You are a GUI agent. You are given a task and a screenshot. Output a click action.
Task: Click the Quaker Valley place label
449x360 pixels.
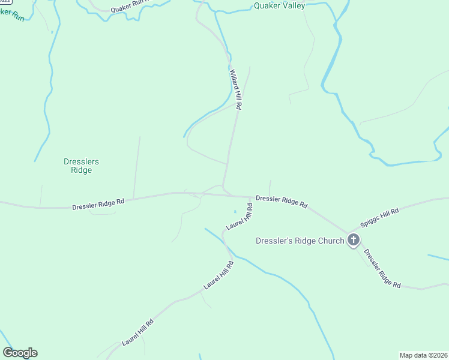[x=280, y=6]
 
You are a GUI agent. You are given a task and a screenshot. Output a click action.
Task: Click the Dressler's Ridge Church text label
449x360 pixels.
[x=300, y=241]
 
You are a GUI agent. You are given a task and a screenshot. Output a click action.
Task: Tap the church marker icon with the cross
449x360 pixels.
[x=354, y=241]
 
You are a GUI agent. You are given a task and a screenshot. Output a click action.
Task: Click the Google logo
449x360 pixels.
[x=20, y=353]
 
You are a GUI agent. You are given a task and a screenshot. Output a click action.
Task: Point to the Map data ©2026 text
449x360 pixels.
[x=423, y=355]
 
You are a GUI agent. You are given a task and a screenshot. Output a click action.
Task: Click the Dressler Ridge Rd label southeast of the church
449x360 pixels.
[x=382, y=269]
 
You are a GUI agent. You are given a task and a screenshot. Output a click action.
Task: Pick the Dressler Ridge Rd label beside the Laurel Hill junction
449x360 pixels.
[x=282, y=201]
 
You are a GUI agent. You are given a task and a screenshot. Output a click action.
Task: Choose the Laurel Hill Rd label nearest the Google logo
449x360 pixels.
[x=137, y=332]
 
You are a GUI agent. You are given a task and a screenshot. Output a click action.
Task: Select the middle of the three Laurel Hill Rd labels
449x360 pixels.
[x=218, y=275]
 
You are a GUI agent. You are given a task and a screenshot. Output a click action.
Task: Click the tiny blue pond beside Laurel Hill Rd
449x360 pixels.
[x=235, y=211]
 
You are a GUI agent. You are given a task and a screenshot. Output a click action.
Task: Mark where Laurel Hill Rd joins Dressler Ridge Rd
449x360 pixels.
[x=252, y=197]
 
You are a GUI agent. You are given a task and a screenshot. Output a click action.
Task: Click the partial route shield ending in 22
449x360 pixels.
[x=5, y=2]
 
